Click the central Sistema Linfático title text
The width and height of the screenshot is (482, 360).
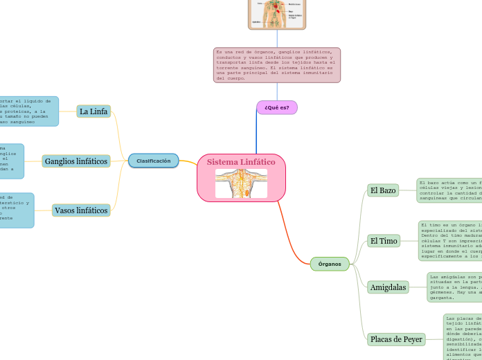(x=241, y=162)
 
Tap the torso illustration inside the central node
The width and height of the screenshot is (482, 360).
(x=241, y=183)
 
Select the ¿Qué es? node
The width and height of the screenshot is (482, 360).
(x=277, y=107)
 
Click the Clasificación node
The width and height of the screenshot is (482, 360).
(x=153, y=161)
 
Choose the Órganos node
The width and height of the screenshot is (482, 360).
(x=330, y=264)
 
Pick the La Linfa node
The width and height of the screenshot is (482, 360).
(x=93, y=111)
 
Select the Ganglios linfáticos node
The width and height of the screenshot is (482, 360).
(x=76, y=161)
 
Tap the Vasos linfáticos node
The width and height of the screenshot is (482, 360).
(x=81, y=210)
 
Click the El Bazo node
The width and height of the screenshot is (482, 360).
(x=383, y=190)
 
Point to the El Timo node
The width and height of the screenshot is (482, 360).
(x=384, y=241)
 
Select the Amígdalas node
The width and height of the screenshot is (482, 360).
(x=388, y=287)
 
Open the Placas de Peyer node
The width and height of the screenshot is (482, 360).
(x=396, y=339)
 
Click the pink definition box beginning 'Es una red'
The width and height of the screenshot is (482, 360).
(x=277, y=65)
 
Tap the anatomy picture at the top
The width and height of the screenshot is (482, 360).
(x=277, y=14)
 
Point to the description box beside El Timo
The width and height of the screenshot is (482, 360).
(x=451, y=240)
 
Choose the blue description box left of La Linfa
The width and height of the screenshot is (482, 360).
(x=28, y=111)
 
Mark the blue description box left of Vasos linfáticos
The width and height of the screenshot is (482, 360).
(x=15, y=210)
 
